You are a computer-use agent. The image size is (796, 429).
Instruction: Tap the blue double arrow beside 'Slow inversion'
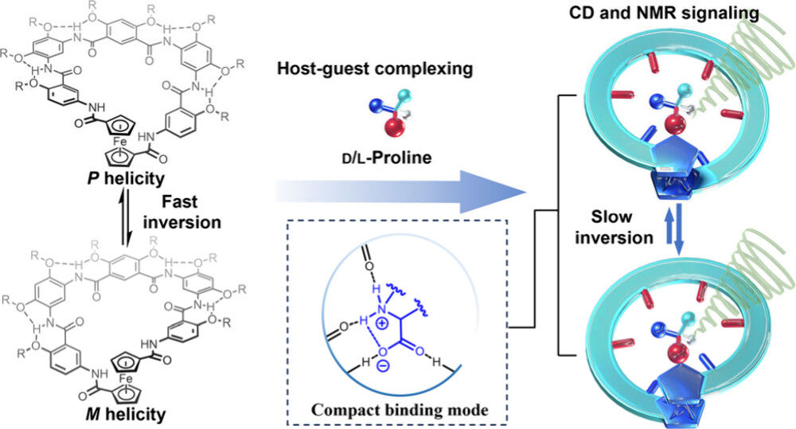click(678, 228)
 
